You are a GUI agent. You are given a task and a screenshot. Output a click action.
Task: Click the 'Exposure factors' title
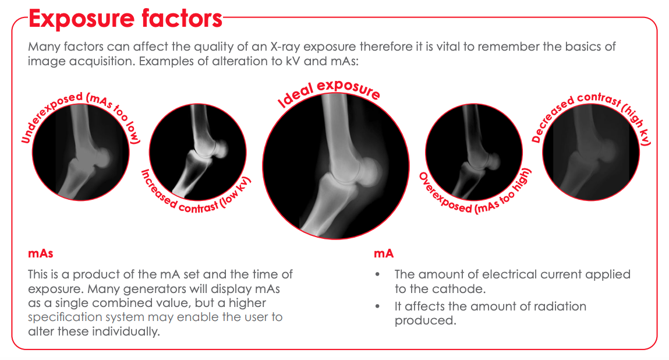point(125,19)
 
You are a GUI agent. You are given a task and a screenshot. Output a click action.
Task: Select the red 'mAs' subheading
point(41,253)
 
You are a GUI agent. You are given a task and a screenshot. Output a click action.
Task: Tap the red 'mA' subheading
point(384,253)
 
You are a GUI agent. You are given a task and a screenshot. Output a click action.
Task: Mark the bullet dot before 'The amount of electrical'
point(379,274)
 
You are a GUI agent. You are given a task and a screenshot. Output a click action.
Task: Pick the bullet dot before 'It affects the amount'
point(379,306)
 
